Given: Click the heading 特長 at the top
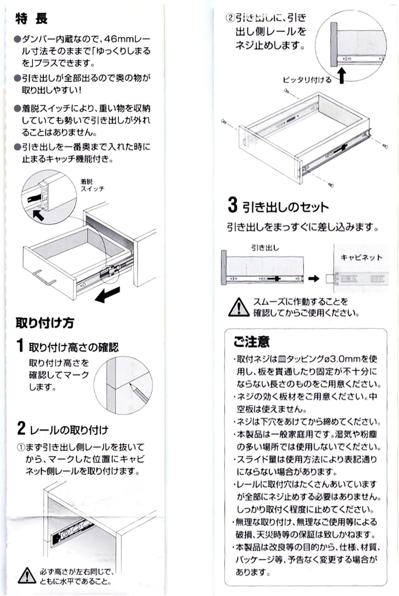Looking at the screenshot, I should (31, 19).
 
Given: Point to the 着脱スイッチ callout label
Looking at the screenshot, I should (92, 186).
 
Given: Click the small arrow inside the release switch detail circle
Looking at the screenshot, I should (38, 215).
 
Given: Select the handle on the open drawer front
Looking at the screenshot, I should (45, 278).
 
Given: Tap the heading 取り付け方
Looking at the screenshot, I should (45, 323).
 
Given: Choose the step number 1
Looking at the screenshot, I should (20, 345).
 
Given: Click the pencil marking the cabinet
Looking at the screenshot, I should (139, 393).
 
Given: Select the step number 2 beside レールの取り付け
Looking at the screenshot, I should (21, 428).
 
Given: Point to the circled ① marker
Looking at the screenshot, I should (21, 447).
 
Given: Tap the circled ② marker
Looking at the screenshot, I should (230, 18).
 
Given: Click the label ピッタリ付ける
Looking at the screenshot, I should (307, 80).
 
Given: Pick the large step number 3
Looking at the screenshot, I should (232, 205).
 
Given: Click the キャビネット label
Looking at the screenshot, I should (361, 257).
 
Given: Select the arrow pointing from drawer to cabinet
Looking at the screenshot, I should (314, 279).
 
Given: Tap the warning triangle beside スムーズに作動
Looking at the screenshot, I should (239, 307).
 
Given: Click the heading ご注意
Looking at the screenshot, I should (251, 342).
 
